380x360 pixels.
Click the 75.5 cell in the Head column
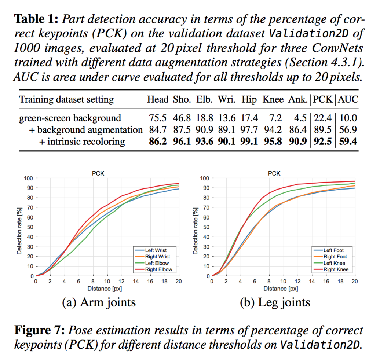pos(158,118)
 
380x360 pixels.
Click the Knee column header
pos(273,99)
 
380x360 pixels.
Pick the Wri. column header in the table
pos(227,99)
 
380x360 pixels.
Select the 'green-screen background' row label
pos(70,118)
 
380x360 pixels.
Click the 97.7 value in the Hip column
pos(249,130)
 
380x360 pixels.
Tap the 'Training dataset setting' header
pos(66,99)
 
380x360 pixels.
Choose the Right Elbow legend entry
pos(158,269)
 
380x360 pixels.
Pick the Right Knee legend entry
pos(335,269)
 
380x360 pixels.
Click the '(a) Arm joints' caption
pos(99,302)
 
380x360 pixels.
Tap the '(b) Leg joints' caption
pos(274,302)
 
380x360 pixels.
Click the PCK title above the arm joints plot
pos(98,173)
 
